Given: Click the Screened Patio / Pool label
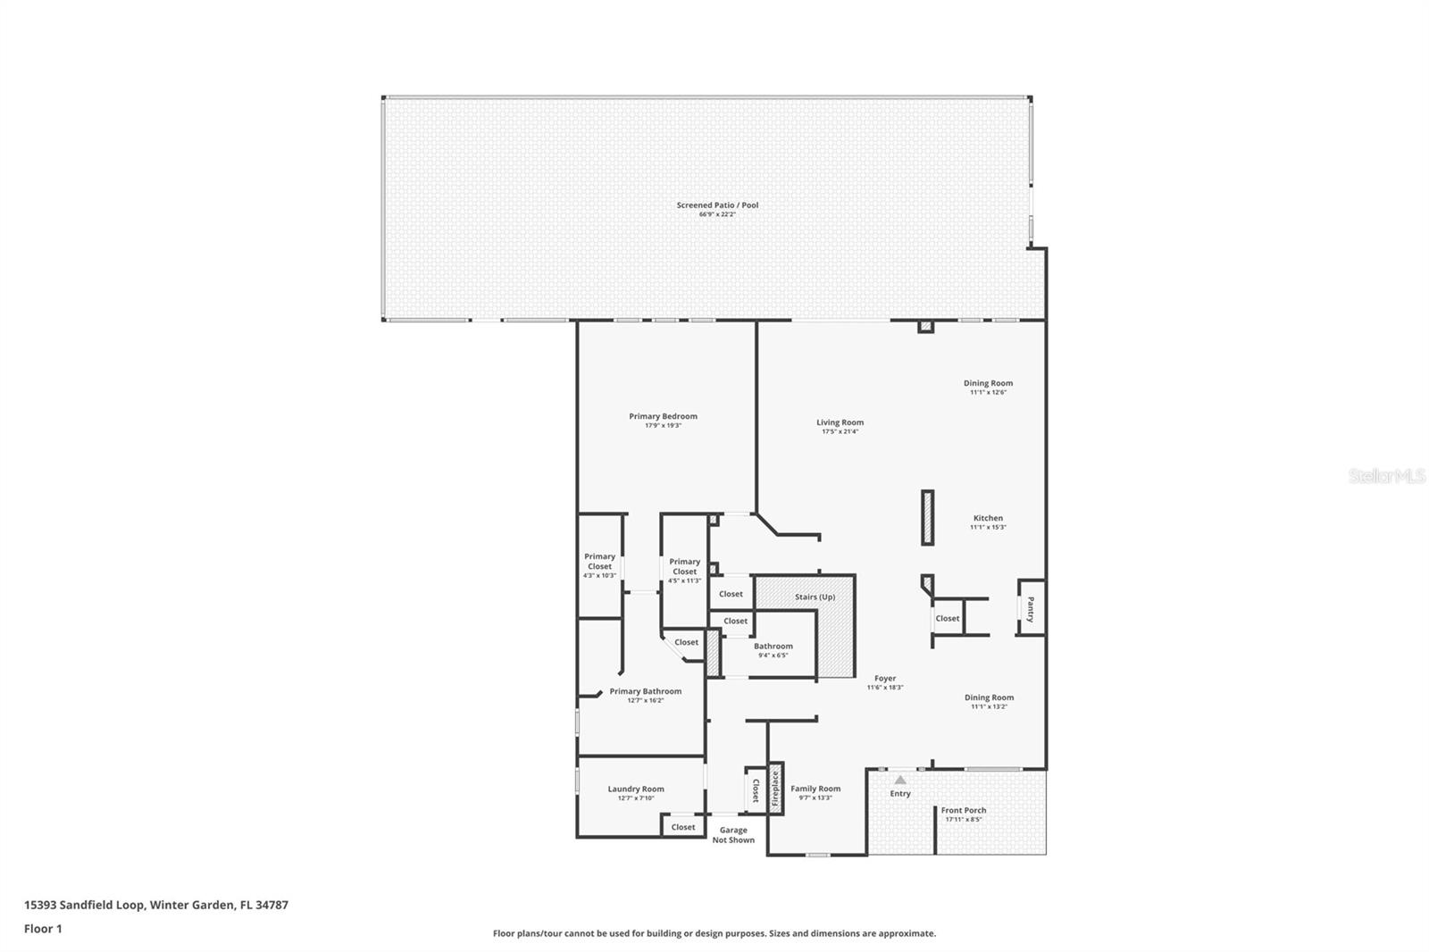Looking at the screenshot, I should [x=717, y=205].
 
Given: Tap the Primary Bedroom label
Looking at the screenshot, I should [x=663, y=416].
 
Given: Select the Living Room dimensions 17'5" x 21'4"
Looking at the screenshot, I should [x=840, y=432].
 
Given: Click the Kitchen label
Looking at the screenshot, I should [x=988, y=518].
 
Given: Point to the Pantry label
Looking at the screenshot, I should [x=1031, y=609].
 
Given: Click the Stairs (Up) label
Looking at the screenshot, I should [x=815, y=597].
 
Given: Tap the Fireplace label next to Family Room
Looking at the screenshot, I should [x=775, y=789].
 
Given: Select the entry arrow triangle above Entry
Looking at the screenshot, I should [x=900, y=780].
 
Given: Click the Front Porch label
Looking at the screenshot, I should [x=964, y=810].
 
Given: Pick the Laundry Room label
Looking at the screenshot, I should [x=636, y=789].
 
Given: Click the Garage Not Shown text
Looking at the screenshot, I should [x=733, y=835].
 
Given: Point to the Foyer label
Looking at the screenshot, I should [x=885, y=679].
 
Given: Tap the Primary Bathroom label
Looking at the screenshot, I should [x=645, y=691].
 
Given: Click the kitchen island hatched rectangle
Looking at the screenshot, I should [x=928, y=517].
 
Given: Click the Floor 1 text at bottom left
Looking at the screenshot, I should [x=43, y=929].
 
